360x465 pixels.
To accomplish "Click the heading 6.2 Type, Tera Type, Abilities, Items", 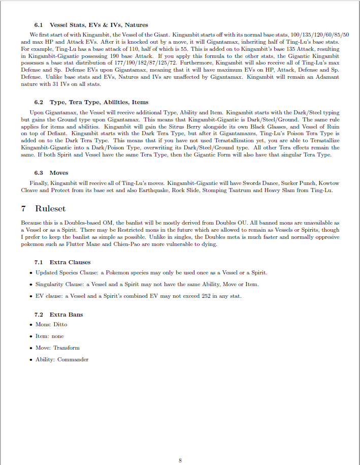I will (x=91, y=102).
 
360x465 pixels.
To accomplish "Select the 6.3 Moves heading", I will (x=51, y=173).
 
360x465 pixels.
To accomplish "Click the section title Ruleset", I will (x=50, y=209).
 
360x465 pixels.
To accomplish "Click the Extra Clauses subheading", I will (x=70, y=262).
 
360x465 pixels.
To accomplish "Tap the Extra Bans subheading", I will (x=66, y=315).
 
